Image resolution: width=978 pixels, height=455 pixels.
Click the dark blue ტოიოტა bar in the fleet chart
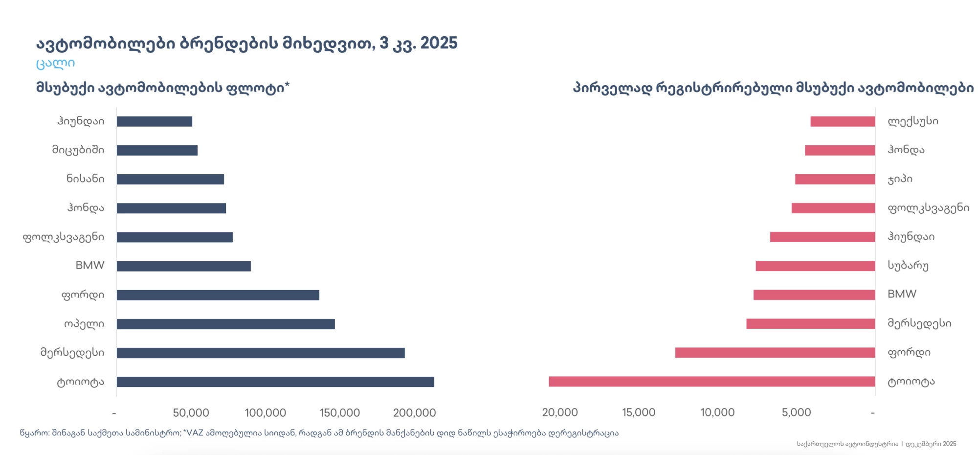tap(275, 382)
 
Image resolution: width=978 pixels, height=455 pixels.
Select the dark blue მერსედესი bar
tap(261, 353)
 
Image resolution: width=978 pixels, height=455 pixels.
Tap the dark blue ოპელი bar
tap(225, 324)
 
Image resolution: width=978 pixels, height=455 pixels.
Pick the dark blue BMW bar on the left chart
tap(183, 266)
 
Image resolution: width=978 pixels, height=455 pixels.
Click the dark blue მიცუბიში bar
tap(157, 150)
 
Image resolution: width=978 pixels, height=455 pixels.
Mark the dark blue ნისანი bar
tap(170, 179)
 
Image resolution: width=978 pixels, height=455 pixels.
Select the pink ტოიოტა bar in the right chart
tap(711, 382)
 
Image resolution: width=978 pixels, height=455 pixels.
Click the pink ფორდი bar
tap(775, 352)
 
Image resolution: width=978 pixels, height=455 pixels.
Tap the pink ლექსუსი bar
tap(843, 121)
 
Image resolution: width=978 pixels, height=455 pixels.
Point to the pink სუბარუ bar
tap(815, 266)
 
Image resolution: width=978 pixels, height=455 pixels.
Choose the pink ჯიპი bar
tap(835, 179)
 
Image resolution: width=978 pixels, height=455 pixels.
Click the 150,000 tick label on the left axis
tap(340, 413)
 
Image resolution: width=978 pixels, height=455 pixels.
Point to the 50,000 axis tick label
tap(191, 413)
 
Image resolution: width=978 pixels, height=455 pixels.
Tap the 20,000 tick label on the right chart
tap(560, 412)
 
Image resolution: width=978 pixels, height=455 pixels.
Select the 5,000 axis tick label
tap(796, 412)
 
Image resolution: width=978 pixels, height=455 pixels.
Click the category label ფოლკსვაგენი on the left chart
tap(64, 237)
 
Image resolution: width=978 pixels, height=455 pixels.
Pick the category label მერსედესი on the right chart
tap(919, 323)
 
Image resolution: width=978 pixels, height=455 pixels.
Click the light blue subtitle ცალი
tap(55, 63)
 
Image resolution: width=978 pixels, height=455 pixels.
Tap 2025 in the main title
tap(439, 43)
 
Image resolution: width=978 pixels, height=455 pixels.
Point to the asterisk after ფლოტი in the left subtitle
tap(287, 85)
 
